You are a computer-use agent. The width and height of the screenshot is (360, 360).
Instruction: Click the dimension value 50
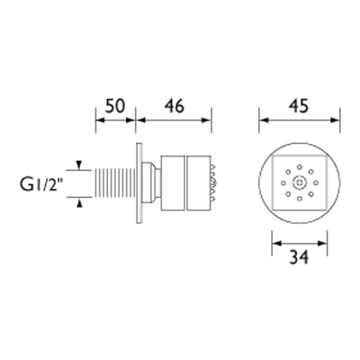tap(114, 105)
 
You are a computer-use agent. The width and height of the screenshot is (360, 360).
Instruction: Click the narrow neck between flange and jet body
tap(152, 184)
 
